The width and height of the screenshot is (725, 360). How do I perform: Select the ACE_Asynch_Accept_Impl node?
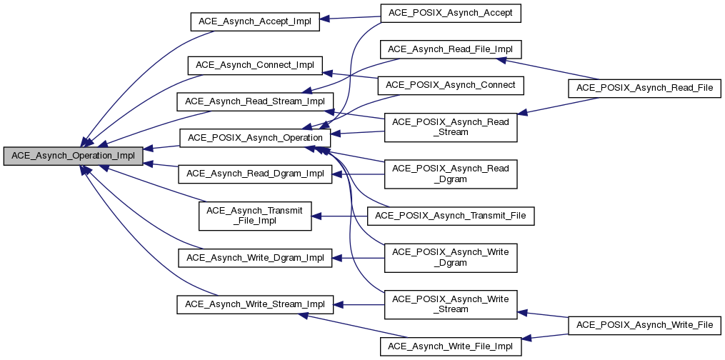[254, 21]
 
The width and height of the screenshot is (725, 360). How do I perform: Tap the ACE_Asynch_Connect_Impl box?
[255, 65]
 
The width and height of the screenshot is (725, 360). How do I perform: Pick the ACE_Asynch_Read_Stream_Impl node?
[255, 101]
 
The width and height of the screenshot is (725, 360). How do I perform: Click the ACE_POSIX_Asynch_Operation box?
[255, 137]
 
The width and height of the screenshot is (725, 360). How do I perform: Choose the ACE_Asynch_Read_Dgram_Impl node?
[255, 173]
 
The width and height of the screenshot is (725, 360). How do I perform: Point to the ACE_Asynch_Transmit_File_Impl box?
[255, 215]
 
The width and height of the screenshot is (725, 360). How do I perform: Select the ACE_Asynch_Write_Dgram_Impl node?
[255, 257]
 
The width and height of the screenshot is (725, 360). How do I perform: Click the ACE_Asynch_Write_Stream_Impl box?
[255, 304]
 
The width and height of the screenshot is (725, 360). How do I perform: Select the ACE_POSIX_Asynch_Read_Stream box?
[451, 126]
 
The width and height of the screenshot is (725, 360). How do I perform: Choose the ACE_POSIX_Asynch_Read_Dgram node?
[451, 174]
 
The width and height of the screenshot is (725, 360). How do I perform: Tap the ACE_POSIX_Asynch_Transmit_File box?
[451, 215]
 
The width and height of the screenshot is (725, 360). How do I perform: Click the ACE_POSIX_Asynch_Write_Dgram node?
[451, 257]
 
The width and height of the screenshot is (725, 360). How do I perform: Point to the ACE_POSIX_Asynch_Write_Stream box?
[451, 304]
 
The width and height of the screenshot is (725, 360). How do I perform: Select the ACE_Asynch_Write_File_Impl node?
[451, 346]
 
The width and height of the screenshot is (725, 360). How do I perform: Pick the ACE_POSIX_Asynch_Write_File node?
[644, 325]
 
